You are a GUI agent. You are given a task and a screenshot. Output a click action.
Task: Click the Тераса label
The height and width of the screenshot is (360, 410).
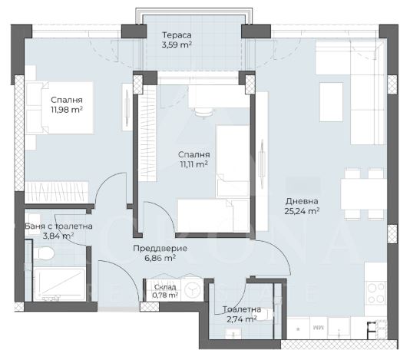coord(177,35)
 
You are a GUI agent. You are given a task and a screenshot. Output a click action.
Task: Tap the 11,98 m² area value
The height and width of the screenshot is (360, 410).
coord(67,110)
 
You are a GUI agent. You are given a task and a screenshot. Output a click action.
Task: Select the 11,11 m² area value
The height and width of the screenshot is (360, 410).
coord(193,164)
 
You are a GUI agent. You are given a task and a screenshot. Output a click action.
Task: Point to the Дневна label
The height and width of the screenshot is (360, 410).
coord(302,201)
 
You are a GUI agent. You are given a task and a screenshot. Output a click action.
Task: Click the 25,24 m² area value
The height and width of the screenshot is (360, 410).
coord(302,211)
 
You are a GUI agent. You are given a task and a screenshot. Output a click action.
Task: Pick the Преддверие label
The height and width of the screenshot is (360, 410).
coord(160,248)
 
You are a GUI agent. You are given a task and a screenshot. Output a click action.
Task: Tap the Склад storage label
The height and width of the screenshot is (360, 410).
coord(165,287)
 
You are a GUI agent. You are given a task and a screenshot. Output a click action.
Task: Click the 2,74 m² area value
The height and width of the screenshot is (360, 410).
coord(241,319)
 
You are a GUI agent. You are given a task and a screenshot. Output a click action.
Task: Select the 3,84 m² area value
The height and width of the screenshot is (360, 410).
coord(58,236)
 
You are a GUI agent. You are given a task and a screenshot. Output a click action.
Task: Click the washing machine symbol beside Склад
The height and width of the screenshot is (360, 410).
coord(192,289)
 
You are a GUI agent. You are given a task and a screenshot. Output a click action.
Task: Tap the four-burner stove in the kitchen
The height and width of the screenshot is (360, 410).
coord(375,293)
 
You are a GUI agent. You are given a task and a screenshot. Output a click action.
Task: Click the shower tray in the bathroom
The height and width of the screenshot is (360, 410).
coord(60,284)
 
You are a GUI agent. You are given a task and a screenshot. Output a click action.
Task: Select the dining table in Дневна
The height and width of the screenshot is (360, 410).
coord(363,194)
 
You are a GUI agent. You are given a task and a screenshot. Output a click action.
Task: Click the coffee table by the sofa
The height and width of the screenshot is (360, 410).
coord(331,102)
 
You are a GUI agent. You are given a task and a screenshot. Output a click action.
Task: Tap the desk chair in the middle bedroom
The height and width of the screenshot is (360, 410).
coord(203,112)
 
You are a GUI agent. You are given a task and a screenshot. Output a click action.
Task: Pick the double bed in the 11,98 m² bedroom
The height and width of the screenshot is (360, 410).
coord(59,108)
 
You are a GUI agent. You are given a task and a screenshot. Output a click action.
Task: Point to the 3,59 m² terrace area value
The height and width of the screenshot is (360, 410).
coord(177,45)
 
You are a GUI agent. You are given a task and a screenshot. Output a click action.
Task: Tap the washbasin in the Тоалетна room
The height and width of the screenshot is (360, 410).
coord(233,334)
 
